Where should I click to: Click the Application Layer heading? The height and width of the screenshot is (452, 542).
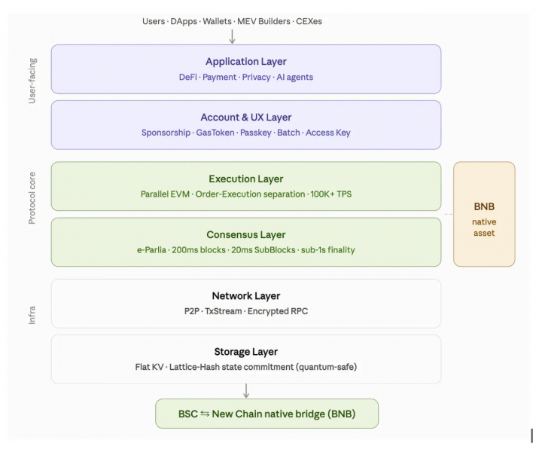[x=246, y=62]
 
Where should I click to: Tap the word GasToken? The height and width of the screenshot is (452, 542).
[x=215, y=133]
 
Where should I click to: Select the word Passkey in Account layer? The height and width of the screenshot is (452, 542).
[x=256, y=133]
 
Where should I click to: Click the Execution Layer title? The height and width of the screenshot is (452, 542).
[x=246, y=179]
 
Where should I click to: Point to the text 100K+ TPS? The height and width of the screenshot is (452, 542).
[x=331, y=194]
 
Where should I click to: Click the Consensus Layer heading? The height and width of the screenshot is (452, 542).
[x=246, y=235]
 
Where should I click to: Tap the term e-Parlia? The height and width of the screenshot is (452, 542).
[x=151, y=250]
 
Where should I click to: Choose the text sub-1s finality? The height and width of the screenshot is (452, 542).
[x=328, y=250]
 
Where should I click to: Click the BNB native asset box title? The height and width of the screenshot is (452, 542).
[x=484, y=207]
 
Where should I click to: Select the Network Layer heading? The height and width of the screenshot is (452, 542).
[x=246, y=296]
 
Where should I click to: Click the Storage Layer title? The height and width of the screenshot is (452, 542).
[x=246, y=352]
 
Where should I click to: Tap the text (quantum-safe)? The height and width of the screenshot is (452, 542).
[x=326, y=367]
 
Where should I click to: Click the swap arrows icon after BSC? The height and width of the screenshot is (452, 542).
[x=205, y=414]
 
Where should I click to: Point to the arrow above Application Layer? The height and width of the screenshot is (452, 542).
[x=233, y=36]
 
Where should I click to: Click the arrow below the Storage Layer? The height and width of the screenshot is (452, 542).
[x=246, y=391]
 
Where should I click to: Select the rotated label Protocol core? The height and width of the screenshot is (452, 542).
[x=32, y=198]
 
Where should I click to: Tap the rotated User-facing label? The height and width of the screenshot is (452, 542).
[x=32, y=81]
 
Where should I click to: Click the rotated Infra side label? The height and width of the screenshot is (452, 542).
[x=32, y=315]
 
